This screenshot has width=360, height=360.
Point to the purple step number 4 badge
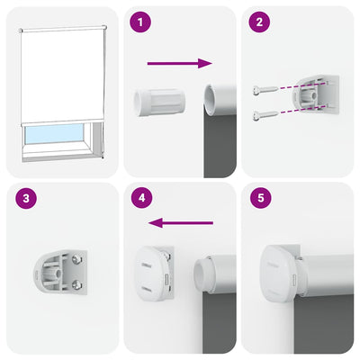(139, 200)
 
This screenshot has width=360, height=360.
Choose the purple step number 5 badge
(260, 200)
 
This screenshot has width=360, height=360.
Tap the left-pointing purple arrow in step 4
(180, 222)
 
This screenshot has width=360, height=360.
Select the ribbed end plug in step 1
(159, 100)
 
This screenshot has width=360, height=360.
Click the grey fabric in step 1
(220, 144)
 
